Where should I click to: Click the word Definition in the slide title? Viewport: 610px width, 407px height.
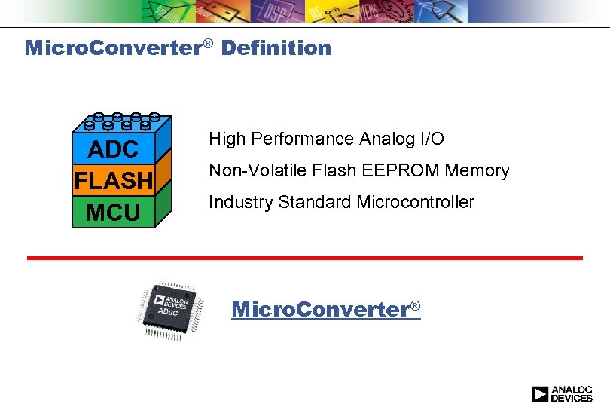(276, 48)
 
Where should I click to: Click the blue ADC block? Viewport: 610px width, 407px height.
(113, 149)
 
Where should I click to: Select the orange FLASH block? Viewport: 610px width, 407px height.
(113, 182)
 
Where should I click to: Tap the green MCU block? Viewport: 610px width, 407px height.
(113, 213)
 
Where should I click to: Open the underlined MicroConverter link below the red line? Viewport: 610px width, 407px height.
(325, 309)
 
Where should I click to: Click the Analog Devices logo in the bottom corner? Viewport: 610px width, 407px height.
(562, 393)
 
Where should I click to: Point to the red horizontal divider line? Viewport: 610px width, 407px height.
(305, 258)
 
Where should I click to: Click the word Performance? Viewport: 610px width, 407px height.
(304, 139)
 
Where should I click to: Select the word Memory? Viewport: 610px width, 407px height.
(477, 171)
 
